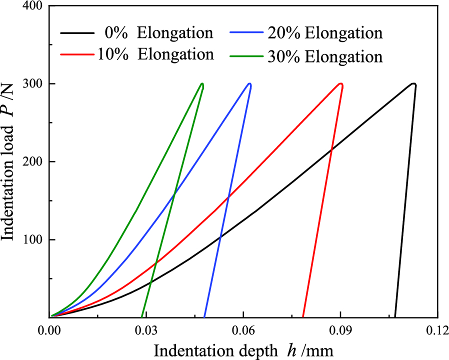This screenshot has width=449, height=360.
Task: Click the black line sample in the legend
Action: (77, 33)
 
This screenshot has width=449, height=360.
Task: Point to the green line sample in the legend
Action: (247, 56)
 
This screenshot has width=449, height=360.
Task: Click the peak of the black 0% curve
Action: (413, 84)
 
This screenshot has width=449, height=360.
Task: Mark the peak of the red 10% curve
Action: (340, 84)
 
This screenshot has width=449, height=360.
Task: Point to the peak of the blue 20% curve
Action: (249, 84)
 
